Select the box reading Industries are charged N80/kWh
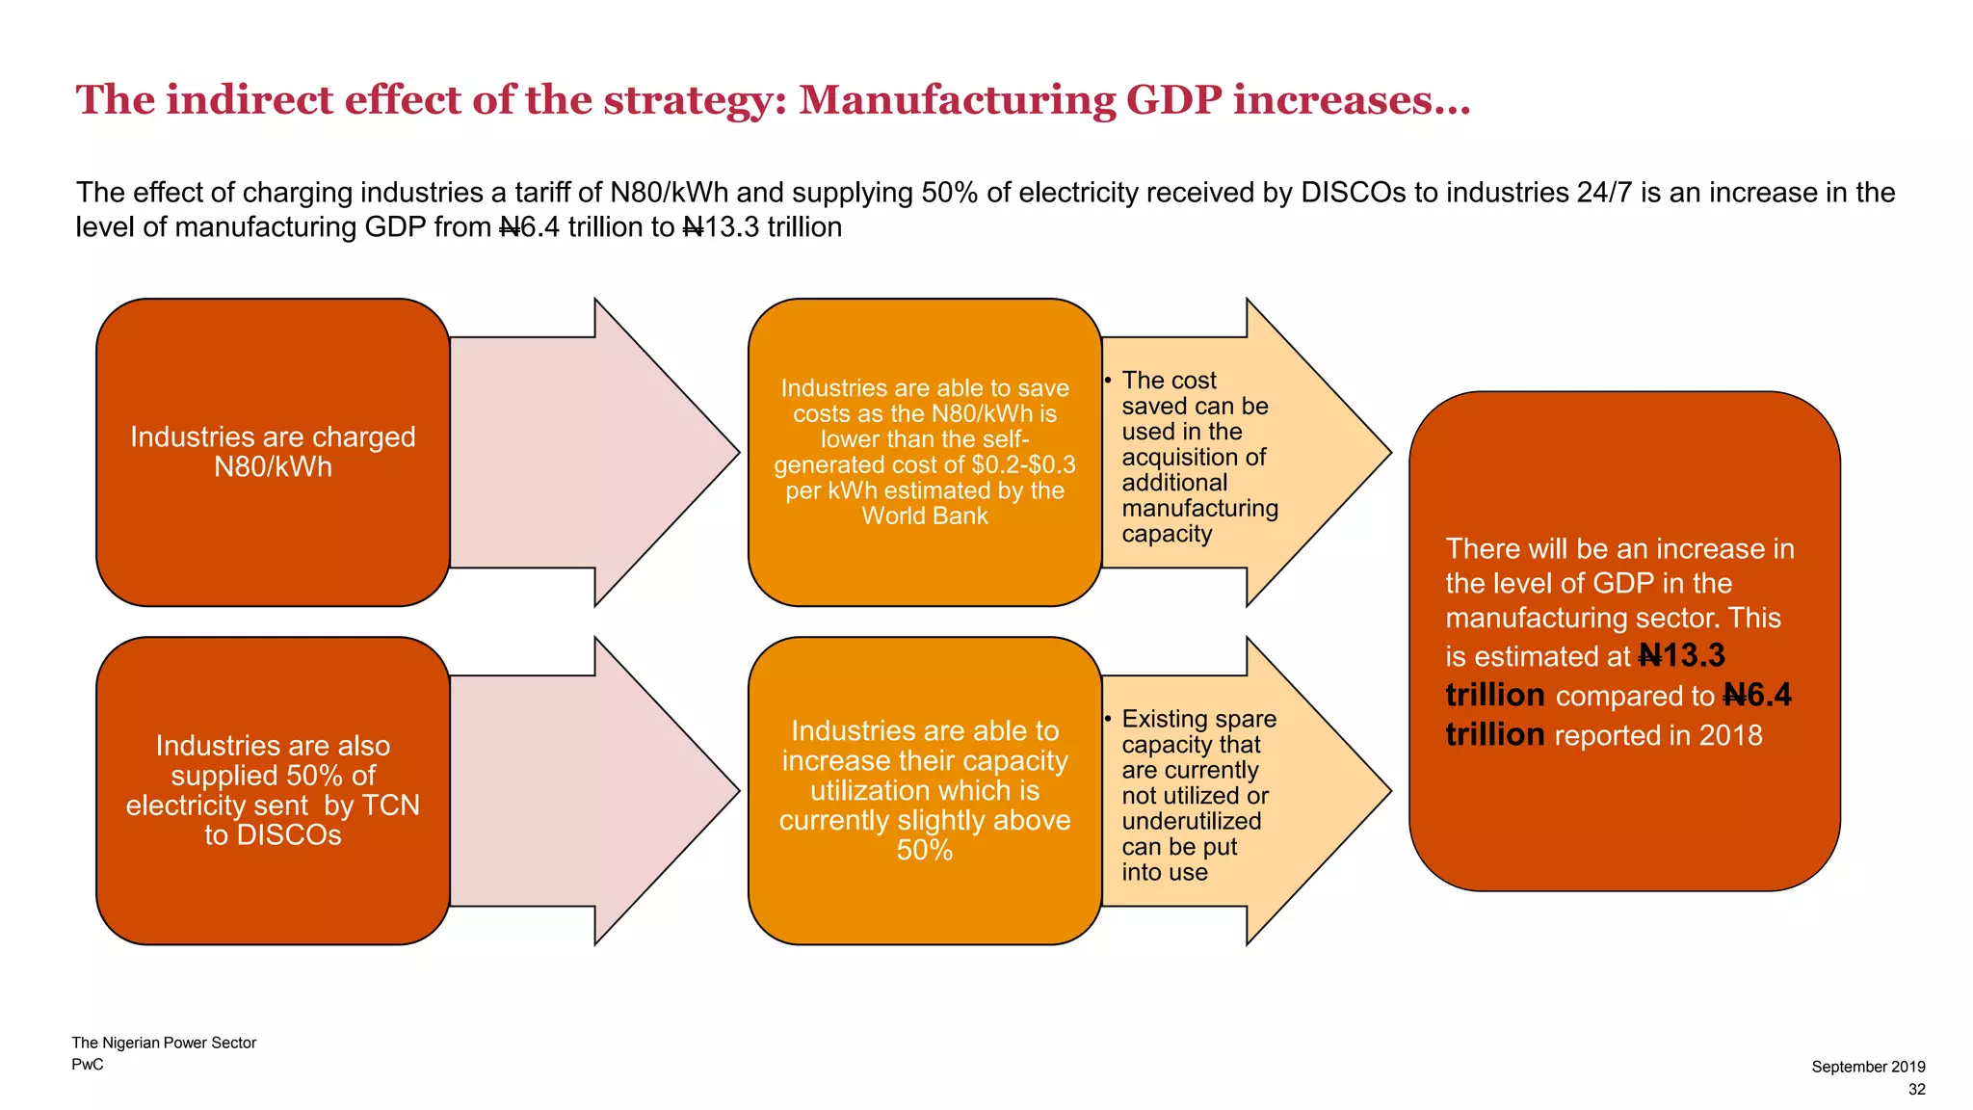[x=273, y=452]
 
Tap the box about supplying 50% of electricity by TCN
[x=273, y=790]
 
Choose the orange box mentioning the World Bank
[x=925, y=452]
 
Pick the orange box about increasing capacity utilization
[x=925, y=790]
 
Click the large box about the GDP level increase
[x=1624, y=641]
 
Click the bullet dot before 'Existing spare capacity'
[x=1109, y=719]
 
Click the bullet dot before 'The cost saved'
[x=1109, y=381]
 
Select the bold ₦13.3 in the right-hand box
[x=1682, y=656]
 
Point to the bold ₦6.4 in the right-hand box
[x=1757, y=696]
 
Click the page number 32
[x=1916, y=1089]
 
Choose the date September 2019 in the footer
[x=1868, y=1067]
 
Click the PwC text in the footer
[x=88, y=1065]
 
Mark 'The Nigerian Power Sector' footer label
[x=164, y=1043]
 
